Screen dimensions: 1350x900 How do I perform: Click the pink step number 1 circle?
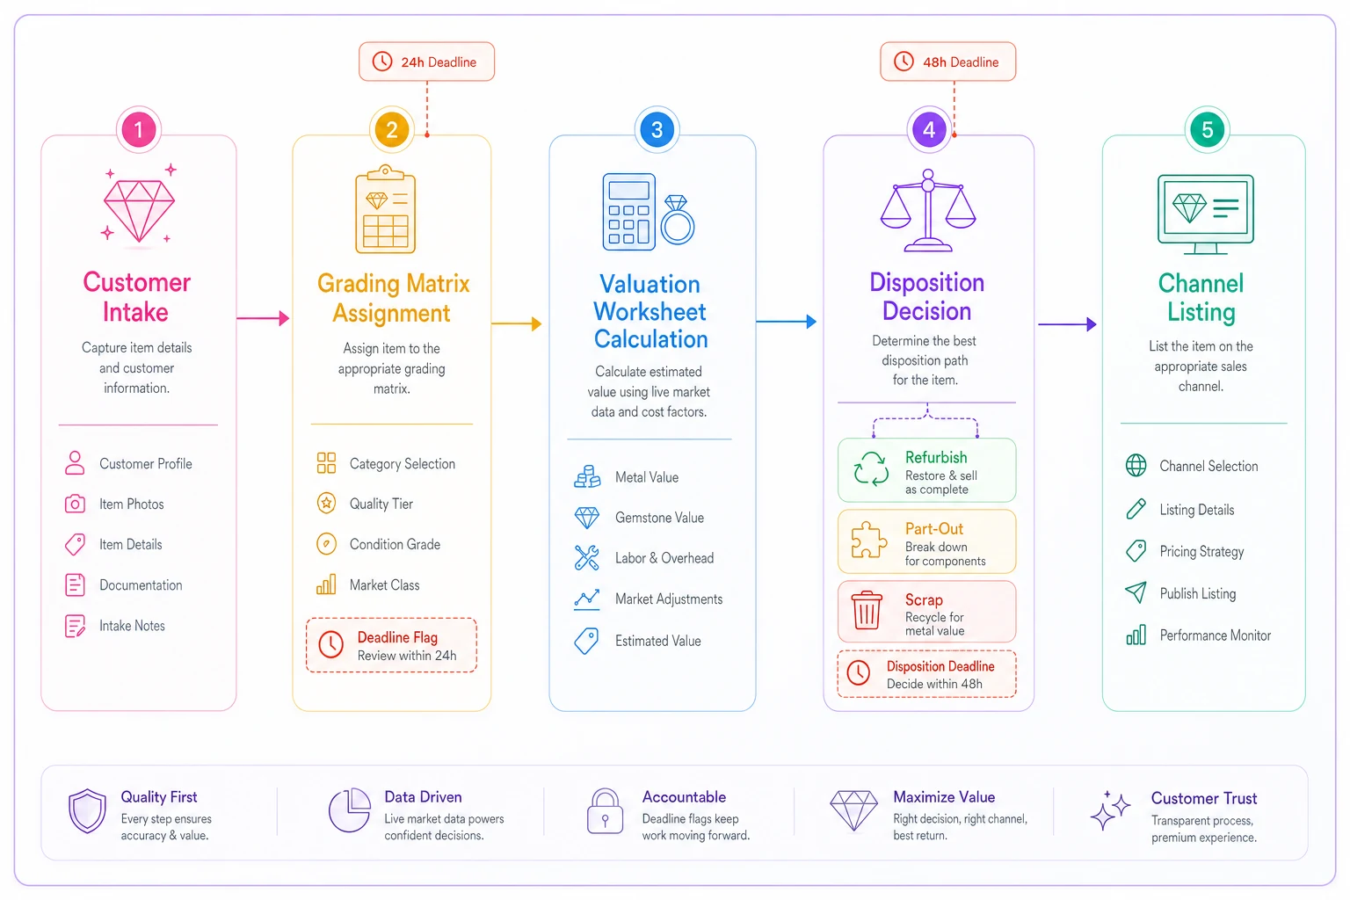[x=139, y=129]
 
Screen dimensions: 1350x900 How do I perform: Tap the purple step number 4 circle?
[x=929, y=129]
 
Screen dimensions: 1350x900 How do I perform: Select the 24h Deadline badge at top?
[x=426, y=62]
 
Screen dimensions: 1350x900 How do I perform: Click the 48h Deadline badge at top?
[x=948, y=62]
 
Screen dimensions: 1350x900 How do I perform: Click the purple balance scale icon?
[x=928, y=210]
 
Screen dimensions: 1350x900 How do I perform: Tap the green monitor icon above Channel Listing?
[x=1205, y=214]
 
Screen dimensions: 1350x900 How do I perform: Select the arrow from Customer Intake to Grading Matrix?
[x=264, y=317]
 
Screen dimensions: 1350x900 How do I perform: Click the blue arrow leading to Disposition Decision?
[x=787, y=322]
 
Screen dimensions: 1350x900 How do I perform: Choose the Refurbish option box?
[x=927, y=470]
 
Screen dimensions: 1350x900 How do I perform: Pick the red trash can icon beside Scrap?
[x=867, y=610]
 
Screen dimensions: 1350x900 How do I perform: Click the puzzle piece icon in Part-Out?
[x=868, y=540]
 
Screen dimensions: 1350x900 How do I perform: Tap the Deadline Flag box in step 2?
[x=392, y=645]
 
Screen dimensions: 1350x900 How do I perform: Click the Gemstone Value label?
[x=659, y=517]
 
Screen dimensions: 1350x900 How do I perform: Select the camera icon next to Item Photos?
[x=75, y=504]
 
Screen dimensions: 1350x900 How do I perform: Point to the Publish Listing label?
[x=1198, y=594]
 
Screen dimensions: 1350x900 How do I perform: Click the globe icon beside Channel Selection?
[x=1136, y=465]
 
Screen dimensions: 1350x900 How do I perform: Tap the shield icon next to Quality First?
[x=87, y=810]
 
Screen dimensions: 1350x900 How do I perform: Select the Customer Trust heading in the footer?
[x=1203, y=798]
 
